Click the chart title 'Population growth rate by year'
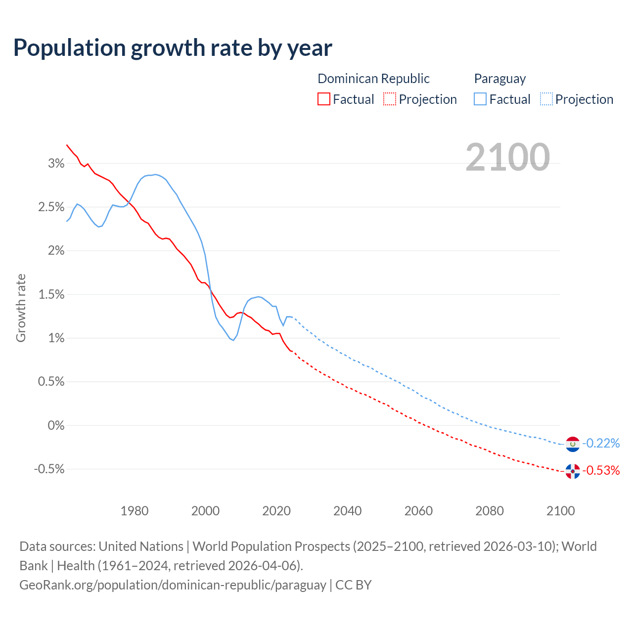coord(173,48)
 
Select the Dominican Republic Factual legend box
coord(324,99)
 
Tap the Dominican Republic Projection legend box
coord(390,99)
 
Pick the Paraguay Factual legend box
coord(480,99)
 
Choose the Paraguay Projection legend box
coord(546,99)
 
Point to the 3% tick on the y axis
coord(56,164)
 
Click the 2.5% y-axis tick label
coord(51,207)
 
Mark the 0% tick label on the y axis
coord(56,425)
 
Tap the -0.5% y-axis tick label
coord(49,469)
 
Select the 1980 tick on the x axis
coord(135,511)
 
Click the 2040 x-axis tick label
coord(348,511)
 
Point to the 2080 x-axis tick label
coord(490,511)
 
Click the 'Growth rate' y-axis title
coord(21,308)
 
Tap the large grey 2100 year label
coord(507,157)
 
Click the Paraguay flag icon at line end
coord(573,444)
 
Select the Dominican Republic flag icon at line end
coord(573,471)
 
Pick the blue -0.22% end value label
coord(601,443)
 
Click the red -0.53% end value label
coord(601,470)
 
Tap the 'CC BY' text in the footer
coord(354,585)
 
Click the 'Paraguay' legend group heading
coord(500,79)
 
